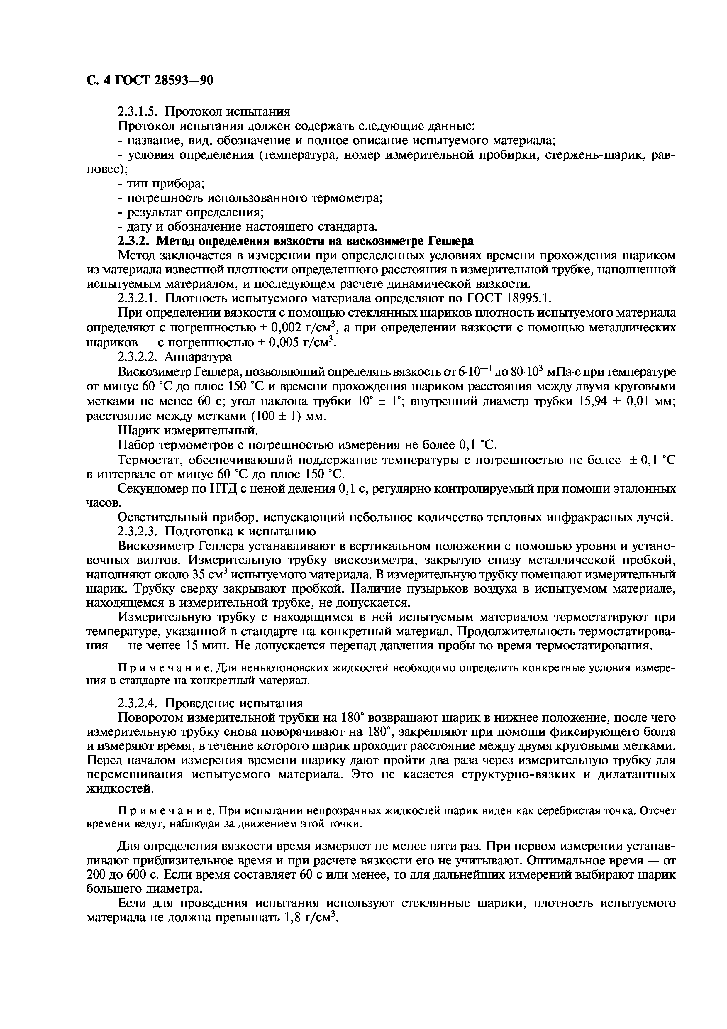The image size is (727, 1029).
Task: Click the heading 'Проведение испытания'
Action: click(234, 703)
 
